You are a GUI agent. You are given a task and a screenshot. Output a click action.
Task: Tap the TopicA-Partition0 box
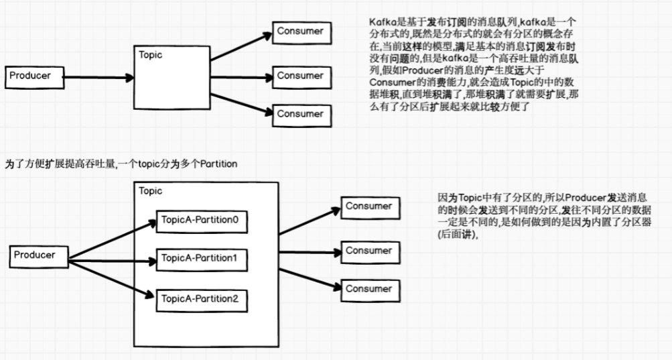[202, 221]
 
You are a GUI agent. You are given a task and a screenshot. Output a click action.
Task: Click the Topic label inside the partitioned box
[151, 191]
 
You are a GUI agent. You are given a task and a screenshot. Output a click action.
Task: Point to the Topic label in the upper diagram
[150, 55]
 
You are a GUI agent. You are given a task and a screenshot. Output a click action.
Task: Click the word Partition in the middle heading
[216, 164]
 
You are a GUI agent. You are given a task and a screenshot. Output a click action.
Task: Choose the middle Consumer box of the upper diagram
[301, 76]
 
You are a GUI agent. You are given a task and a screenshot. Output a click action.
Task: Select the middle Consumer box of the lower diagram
[368, 251]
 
